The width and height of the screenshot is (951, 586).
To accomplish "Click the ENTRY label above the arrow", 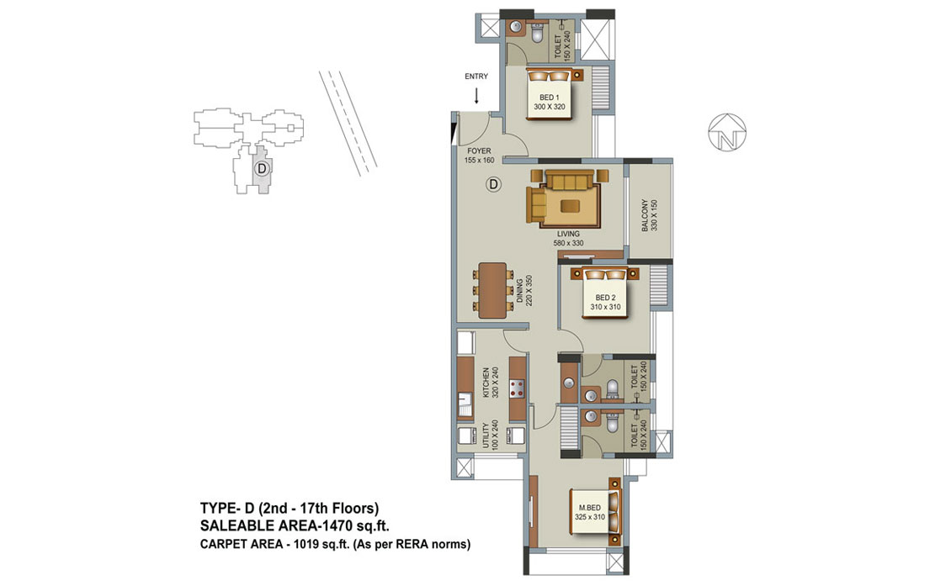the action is coord(476,77).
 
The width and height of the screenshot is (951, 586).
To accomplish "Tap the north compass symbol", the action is coord(727,132).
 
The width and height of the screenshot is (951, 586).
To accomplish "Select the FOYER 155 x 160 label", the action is coord(479,156).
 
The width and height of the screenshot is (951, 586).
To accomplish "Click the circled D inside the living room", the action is coord(494,183).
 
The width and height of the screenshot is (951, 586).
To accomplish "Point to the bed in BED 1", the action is coord(550,93).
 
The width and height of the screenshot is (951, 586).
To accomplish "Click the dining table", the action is coord(492,290).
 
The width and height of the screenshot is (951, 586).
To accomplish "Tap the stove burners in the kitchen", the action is coord(517,388).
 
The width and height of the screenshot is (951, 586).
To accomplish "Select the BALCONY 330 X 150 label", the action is coord(649,215).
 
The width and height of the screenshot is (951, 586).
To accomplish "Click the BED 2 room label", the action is coord(605,302).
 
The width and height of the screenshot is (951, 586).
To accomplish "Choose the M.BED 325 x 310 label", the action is coord(589,512).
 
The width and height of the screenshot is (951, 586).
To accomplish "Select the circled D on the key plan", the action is coord(262,168).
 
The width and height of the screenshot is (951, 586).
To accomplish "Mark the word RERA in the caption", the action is coord(410,544).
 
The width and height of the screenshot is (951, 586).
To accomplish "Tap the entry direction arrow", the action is coord(476,96).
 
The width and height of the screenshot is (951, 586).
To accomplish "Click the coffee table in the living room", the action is coord(570,206).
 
